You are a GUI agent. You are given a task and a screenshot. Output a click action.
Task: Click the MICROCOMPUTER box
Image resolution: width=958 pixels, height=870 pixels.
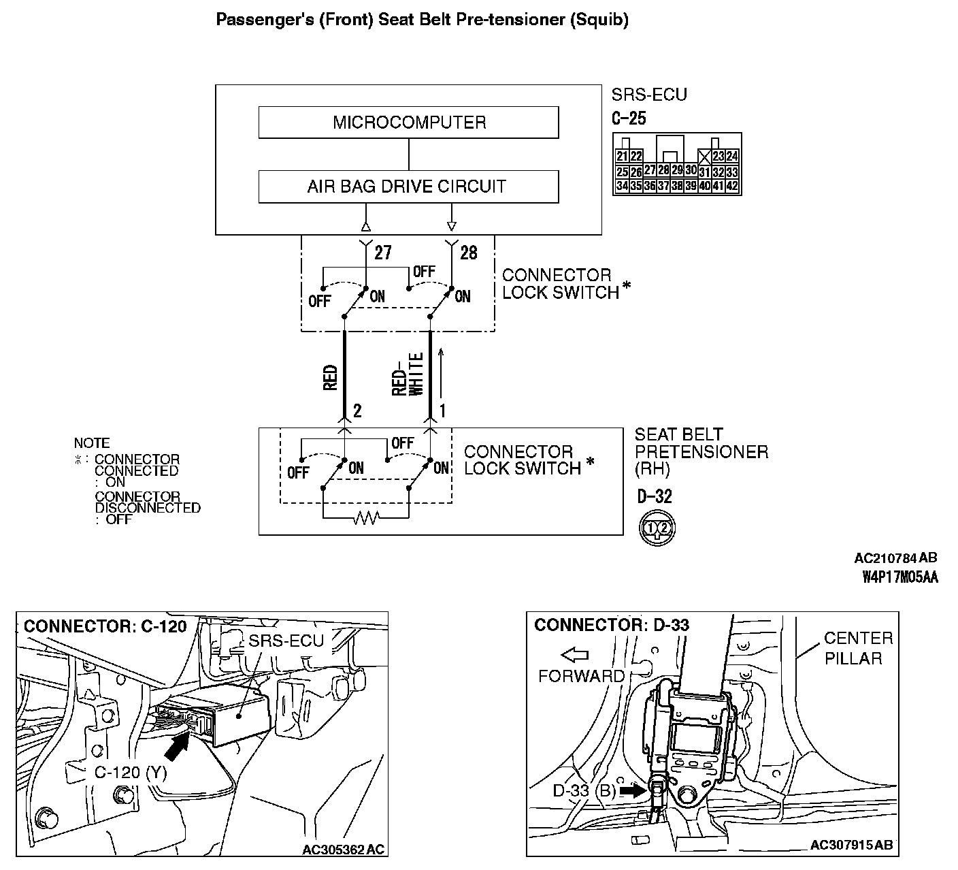tap(408, 123)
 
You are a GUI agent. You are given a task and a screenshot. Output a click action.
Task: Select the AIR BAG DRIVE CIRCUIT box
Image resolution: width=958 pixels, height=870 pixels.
tap(408, 186)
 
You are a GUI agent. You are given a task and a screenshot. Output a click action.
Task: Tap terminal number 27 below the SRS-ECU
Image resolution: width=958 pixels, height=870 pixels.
tap(383, 253)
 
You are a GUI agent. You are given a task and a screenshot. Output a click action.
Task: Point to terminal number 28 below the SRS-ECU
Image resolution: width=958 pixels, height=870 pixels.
tap(469, 253)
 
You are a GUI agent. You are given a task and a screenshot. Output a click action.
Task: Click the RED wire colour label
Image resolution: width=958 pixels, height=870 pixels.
tap(331, 378)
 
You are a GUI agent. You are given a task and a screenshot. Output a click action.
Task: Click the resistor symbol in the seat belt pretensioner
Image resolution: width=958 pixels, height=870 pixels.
tap(365, 519)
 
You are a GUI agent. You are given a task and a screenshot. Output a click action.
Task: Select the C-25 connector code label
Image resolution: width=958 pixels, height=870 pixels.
tap(629, 118)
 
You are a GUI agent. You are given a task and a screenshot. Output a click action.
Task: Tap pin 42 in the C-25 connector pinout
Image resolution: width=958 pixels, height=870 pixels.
tap(732, 185)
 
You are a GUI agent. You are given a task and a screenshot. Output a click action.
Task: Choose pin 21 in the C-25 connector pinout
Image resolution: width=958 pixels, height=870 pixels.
tap(622, 157)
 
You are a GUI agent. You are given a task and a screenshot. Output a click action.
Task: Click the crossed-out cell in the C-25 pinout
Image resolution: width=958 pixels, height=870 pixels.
tap(706, 157)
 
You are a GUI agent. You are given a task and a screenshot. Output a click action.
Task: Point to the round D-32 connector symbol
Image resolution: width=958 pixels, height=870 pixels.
tap(657, 528)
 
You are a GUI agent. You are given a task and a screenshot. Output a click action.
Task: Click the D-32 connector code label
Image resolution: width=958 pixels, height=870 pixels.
tap(655, 496)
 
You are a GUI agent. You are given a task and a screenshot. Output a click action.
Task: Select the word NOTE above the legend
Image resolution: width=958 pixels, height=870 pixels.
tap(92, 443)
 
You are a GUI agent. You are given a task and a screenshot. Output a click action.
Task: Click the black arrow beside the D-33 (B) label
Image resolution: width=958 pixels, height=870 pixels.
tap(631, 790)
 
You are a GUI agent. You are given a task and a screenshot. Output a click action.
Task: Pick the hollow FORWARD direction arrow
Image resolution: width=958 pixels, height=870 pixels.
tap(575, 655)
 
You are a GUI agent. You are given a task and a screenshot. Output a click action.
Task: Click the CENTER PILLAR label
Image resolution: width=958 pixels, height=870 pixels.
tap(857, 648)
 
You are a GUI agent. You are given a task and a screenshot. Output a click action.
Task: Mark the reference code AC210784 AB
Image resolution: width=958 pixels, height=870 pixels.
tap(895, 558)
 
